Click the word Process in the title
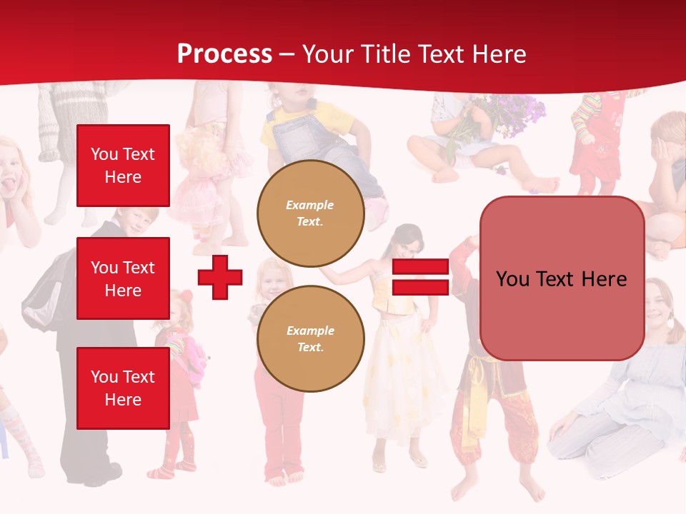(x=224, y=54)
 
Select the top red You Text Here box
(x=123, y=166)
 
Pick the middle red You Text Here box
(x=123, y=278)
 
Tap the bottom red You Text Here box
(x=123, y=388)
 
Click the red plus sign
(x=220, y=277)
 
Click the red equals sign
(x=420, y=277)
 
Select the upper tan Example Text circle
(x=310, y=213)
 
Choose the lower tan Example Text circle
(x=310, y=339)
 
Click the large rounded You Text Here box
(x=562, y=278)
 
